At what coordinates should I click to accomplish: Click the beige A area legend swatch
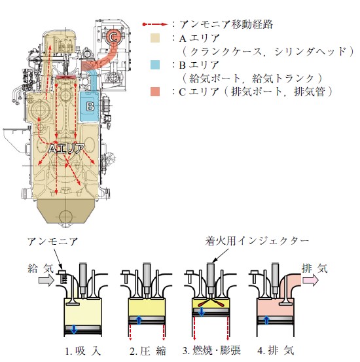[154, 38]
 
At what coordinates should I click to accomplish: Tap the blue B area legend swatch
[154, 65]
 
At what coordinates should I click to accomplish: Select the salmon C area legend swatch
[154, 92]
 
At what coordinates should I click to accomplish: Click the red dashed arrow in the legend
[155, 24]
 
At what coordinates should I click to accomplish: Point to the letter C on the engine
[114, 37]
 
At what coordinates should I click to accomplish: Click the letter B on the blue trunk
[90, 107]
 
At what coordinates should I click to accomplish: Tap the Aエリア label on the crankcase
[66, 149]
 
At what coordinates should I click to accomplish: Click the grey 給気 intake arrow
[46, 280]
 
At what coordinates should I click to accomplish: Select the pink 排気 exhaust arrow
[310, 280]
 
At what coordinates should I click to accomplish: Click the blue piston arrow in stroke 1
[74, 329]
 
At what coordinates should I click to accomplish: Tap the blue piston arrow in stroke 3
[202, 312]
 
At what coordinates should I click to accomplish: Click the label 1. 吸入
[82, 351]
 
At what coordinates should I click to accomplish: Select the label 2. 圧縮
[147, 351]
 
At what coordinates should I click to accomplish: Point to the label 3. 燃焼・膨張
[211, 350]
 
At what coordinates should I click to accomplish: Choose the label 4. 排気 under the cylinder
[276, 351]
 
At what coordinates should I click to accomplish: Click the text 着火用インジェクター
[257, 242]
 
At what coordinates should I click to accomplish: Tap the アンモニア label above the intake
[52, 242]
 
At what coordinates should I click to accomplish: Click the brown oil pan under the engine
[66, 211]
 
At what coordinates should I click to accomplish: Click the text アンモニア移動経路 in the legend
[226, 24]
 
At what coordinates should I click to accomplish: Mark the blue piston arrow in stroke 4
[266, 320]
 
